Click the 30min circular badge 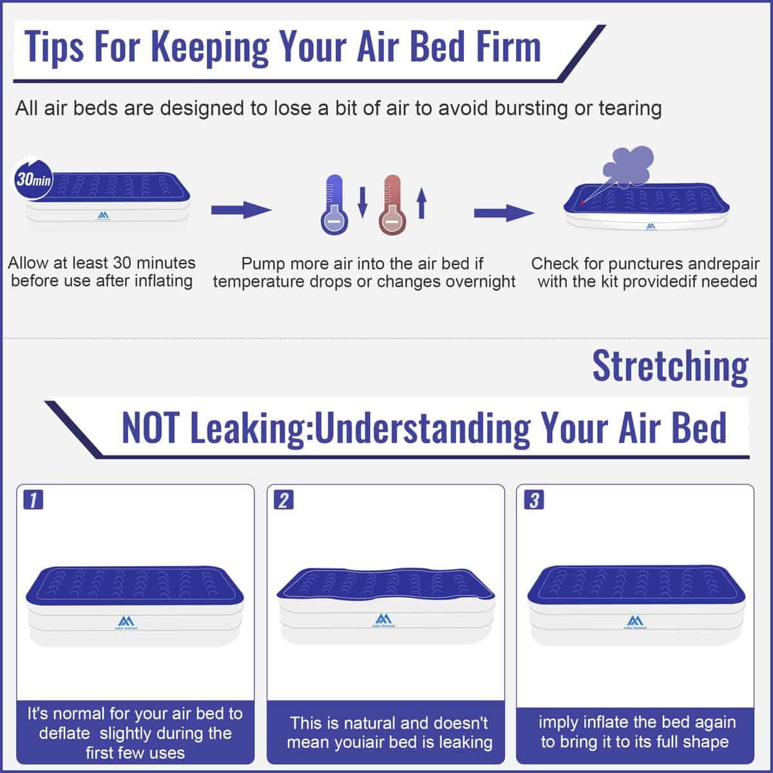[x=33, y=179]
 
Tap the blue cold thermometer [x=334, y=205]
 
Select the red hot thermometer [x=392, y=205]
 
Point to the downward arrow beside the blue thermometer [x=363, y=202]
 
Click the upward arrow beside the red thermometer [x=421, y=203]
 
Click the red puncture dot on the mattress [x=582, y=203]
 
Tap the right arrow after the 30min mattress [x=242, y=210]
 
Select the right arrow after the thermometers [x=504, y=213]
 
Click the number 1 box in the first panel [x=33, y=500]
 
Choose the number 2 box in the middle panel [x=283, y=500]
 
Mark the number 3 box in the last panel [x=534, y=500]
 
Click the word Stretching [x=671, y=367]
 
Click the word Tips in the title [x=54, y=48]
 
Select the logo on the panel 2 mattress [x=383, y=620]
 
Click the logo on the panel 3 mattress [x=635, y=622]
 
